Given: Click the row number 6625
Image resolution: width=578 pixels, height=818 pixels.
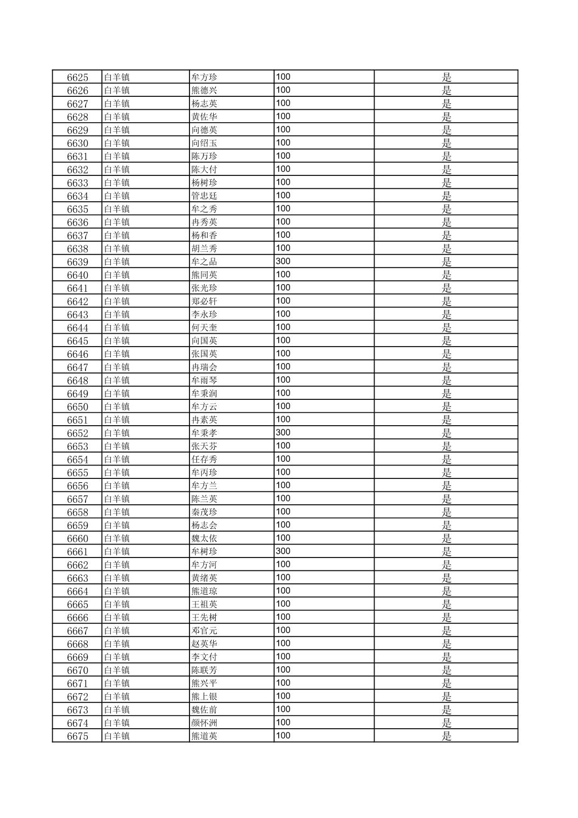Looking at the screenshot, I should pos(77,77).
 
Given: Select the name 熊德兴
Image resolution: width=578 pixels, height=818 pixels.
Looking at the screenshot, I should pos(205,90).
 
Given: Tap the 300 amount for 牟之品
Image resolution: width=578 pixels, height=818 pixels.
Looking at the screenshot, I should pos(283,262).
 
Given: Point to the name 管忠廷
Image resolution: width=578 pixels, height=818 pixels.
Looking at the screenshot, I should pos(205,196).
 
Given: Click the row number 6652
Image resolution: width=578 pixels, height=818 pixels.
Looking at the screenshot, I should pos(77,433).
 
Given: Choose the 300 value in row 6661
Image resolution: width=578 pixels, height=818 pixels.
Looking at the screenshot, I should pos(283,551).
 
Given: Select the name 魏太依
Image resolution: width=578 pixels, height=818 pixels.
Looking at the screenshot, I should pos(205,538).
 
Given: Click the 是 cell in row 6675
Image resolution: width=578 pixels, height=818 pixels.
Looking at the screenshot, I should pos(447,736).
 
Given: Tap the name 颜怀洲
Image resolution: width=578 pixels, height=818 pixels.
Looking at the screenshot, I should pos(205,723).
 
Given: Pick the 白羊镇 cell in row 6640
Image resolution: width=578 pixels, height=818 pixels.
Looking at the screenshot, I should pos(117,275).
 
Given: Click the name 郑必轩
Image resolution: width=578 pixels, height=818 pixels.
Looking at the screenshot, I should pos(205,301).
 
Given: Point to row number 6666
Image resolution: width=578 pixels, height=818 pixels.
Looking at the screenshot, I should pos(77,618).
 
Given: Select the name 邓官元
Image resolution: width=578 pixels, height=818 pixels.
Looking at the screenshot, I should pos(205,631).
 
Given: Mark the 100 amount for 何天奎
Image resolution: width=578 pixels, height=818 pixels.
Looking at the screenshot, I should pos(283,327).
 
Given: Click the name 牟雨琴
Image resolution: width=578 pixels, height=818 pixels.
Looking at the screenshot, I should pos(205,380).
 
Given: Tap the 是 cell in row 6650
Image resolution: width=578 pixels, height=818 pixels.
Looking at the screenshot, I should pos(447,407).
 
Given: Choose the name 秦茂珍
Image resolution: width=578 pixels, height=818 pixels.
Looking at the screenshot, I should pos(205,512).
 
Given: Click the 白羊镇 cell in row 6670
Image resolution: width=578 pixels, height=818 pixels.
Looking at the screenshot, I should pos(117,670).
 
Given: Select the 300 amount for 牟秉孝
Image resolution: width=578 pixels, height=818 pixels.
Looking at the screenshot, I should pos(283,433).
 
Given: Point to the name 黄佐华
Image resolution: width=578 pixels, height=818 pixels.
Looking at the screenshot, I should pos(205,117).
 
